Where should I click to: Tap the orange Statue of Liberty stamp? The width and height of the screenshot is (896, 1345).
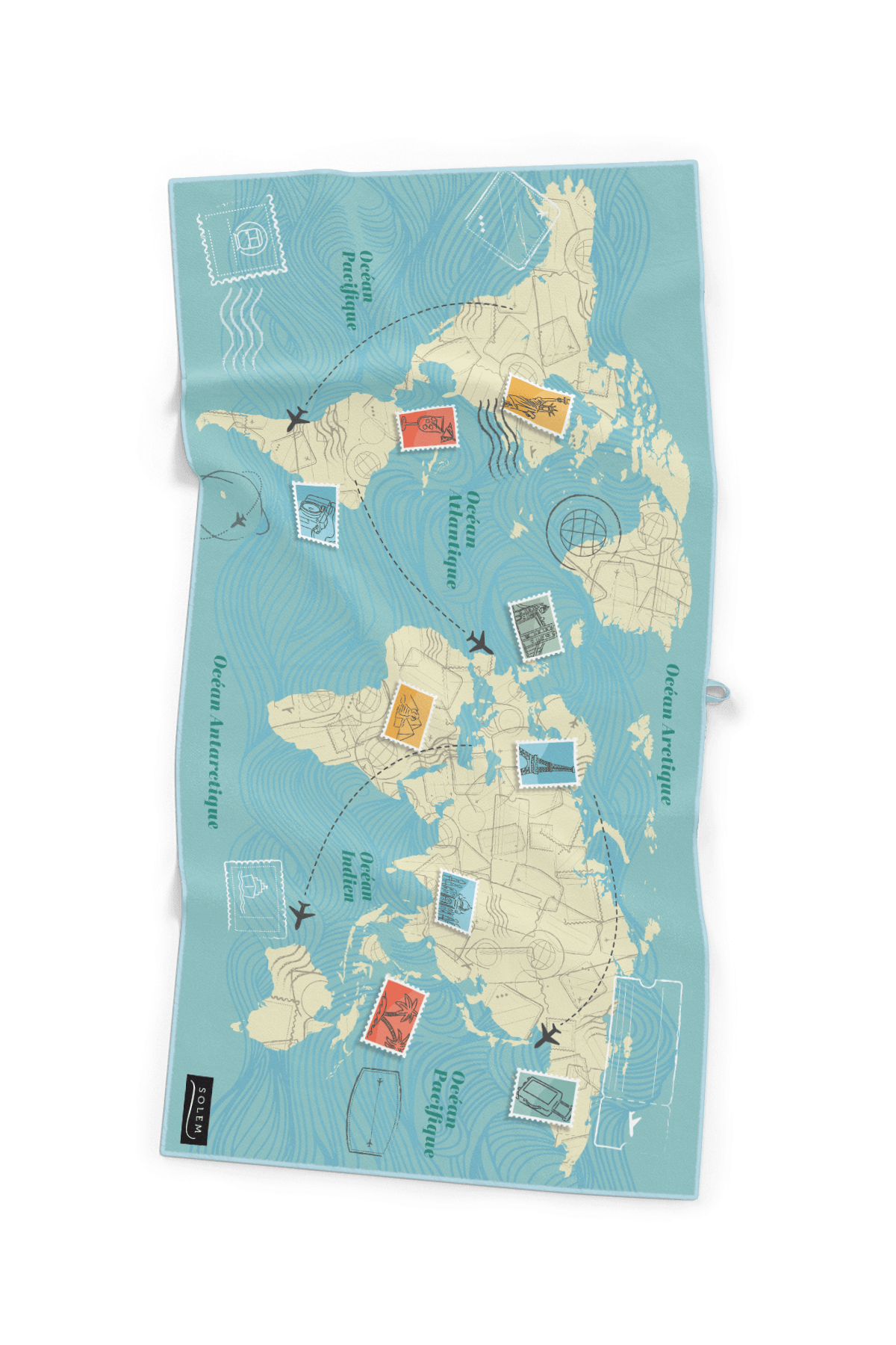[x=537, y=404]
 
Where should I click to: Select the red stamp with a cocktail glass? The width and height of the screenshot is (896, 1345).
[x=427, y=428]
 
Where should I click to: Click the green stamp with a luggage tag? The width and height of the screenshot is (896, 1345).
[x=544, y=1094]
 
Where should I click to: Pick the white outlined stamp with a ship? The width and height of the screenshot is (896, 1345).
[x=255, y=897]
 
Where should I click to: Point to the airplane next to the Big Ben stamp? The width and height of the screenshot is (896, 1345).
[x=480, y=642]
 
